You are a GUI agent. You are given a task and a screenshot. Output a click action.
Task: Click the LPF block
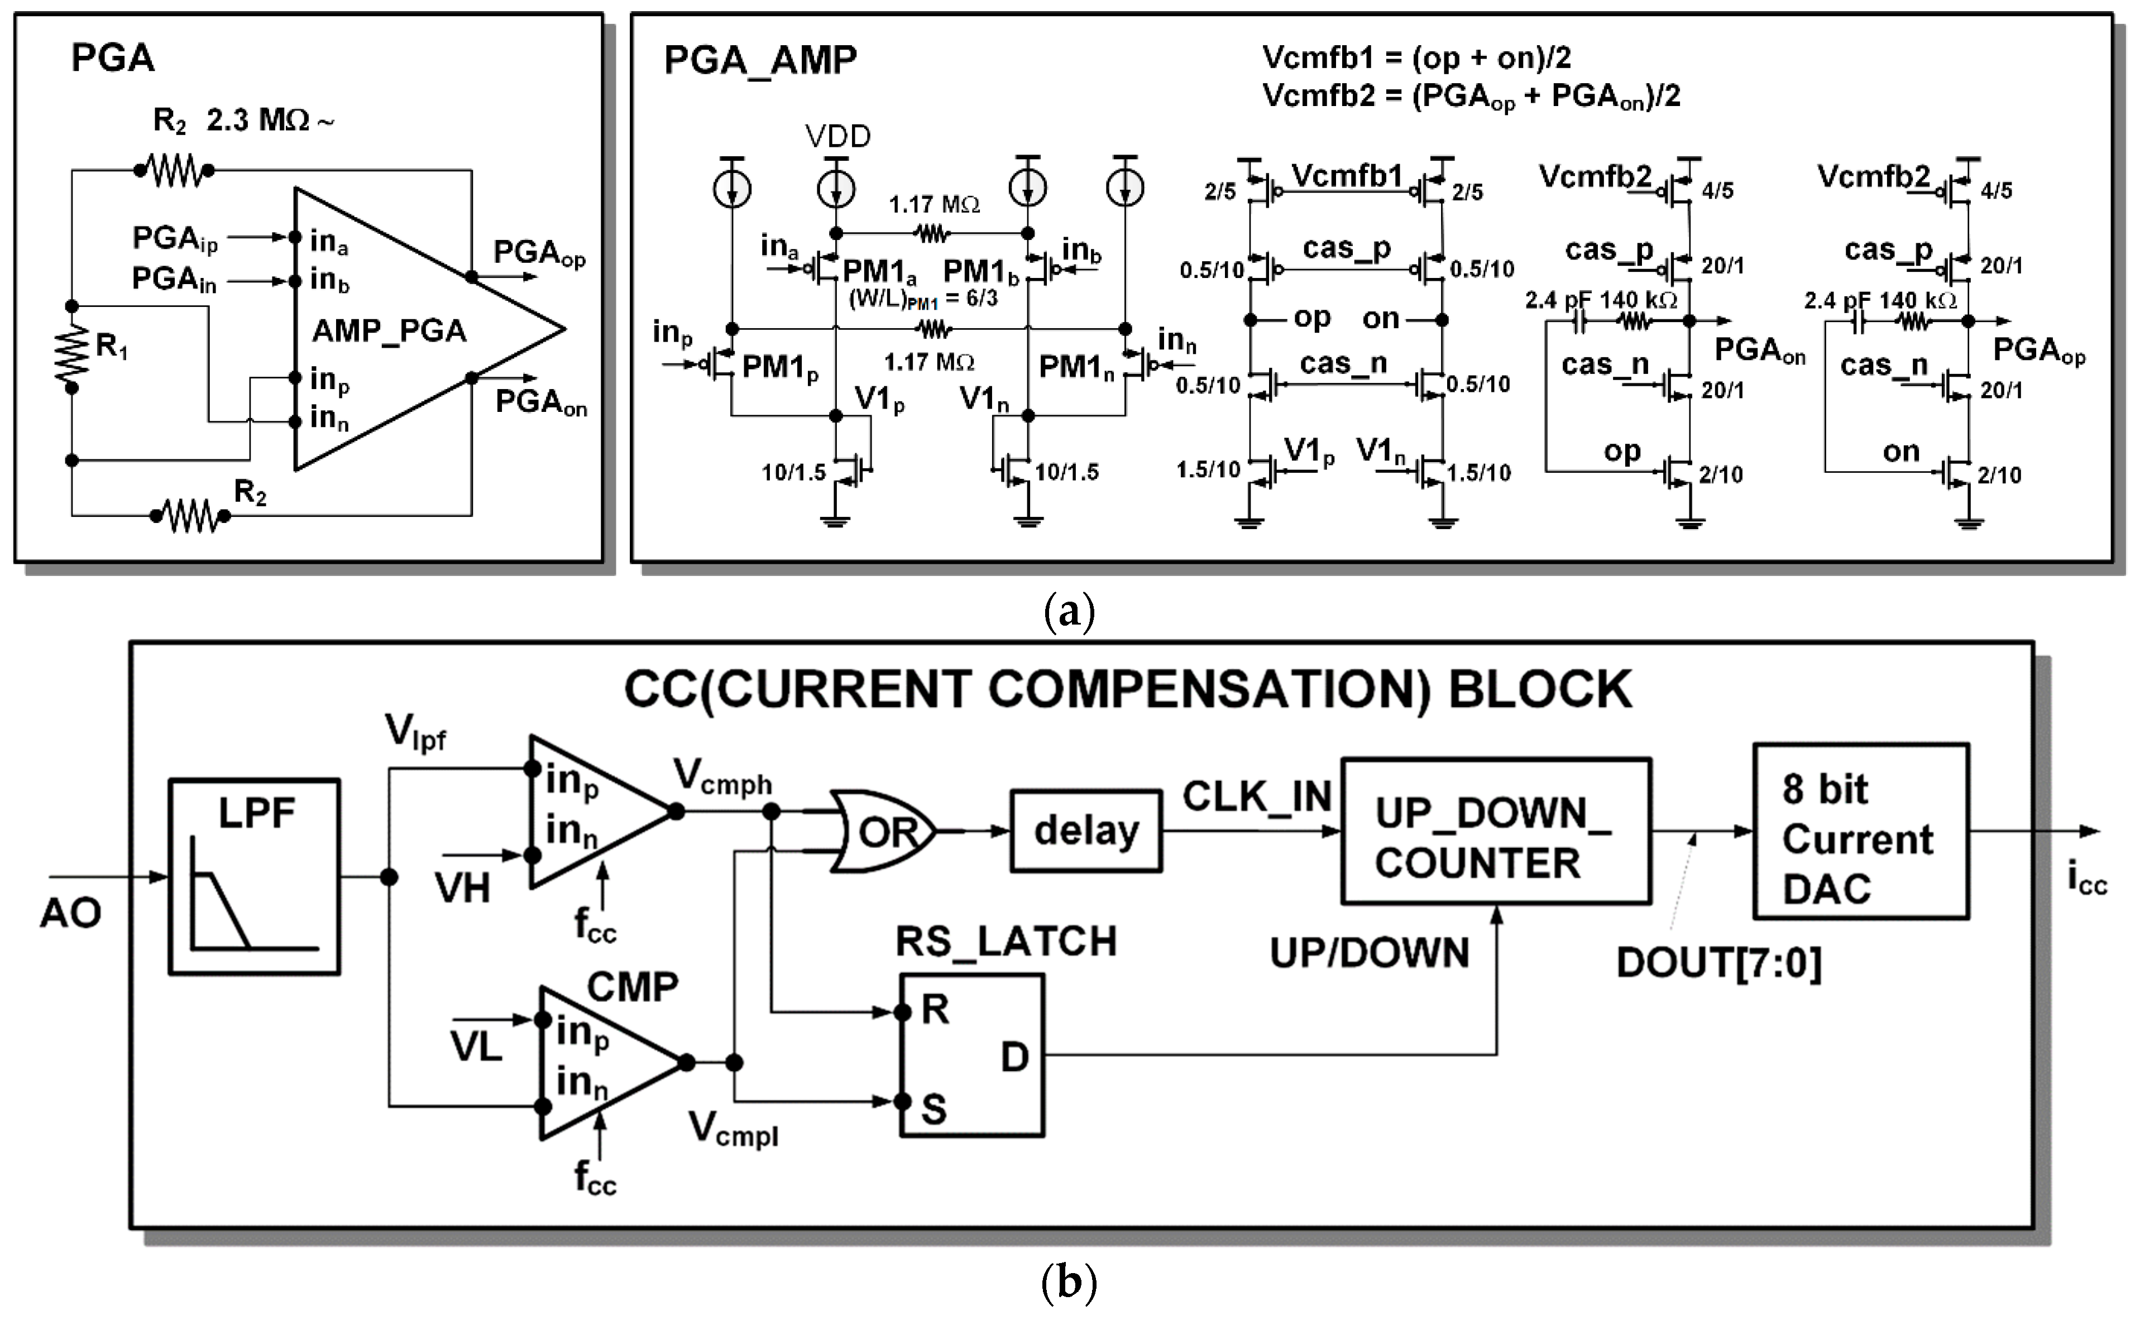253,876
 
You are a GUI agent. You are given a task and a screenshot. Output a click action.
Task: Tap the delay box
1085,831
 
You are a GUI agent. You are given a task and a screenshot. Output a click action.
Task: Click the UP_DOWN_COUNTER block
1495,831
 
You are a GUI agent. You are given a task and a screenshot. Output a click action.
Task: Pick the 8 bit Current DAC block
1861,831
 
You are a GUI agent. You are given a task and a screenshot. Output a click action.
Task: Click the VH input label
463,889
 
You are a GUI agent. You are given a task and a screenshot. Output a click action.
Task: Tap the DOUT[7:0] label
1718,963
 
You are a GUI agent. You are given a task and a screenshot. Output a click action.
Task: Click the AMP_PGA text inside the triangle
389,331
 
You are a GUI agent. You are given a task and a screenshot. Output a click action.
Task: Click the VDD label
837,136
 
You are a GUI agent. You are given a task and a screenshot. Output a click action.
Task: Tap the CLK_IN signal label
1256,796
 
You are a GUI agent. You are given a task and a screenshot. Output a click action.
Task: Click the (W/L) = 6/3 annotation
923,299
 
